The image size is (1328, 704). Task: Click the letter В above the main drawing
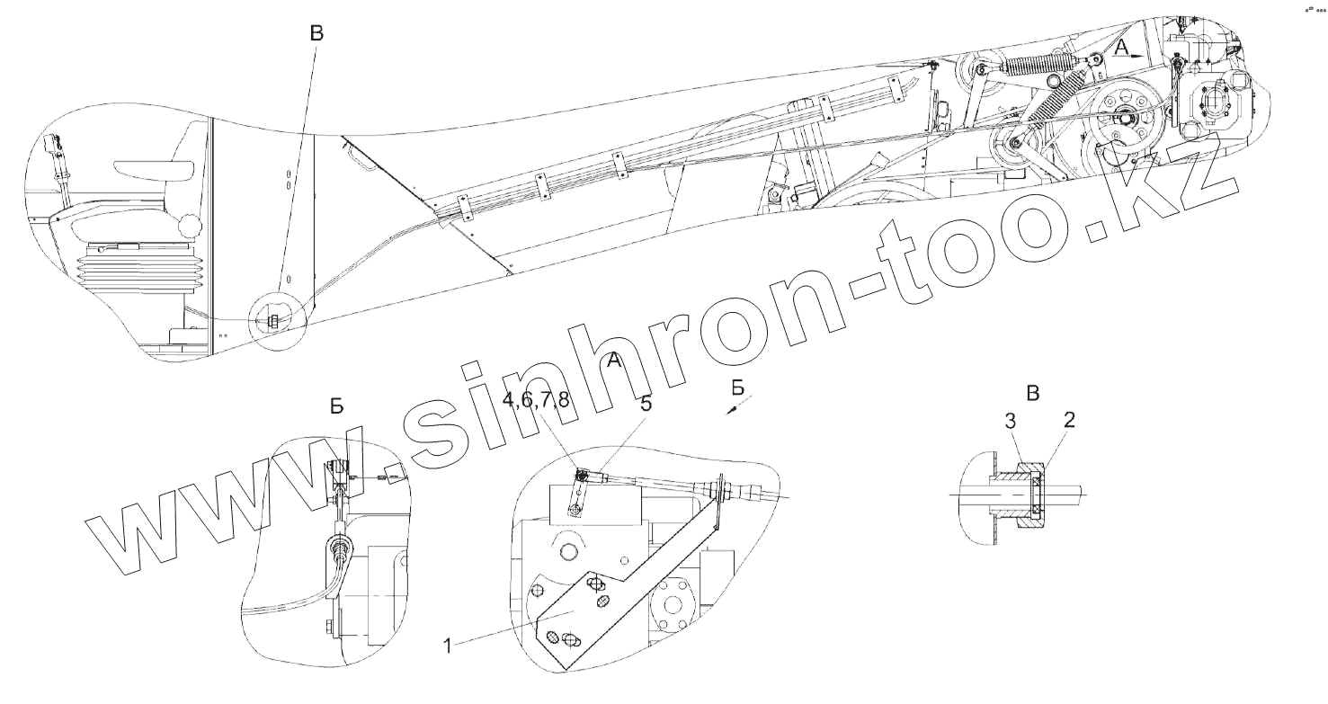pyautogui.click(x=316, y=34)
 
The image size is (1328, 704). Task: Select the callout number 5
pyautogui.click(x=646, y=405)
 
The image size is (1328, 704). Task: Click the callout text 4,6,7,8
pyautogui.click(x=536, y=402)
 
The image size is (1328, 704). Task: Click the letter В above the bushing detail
pyautogui.click(x=1033, y=393)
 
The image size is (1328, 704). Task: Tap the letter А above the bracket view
pyautogui.click(x=614, y=361)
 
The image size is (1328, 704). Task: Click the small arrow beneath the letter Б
pyautogui.click(x=735, y=409)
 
